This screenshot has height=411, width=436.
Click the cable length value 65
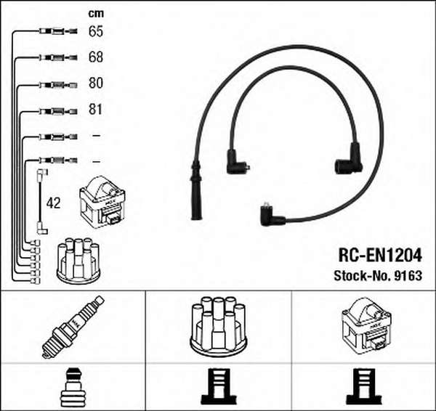[x=96, y=31]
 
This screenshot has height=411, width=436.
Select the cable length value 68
[x=96, y=57]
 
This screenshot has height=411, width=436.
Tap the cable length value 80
[x=96, y=83]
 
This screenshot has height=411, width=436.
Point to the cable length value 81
[x=95, y=109]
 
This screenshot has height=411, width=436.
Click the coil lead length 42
[x=53, y=203]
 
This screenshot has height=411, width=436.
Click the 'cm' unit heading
[x=96, y=13]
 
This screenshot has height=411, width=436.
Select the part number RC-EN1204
[x=380, y=256]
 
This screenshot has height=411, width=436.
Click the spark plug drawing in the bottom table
[x=73, y=327]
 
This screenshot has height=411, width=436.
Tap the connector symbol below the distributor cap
[x=219, y=386]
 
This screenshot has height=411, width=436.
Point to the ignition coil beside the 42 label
[x=102, y=203]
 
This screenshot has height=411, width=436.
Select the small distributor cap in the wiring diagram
[x=78, y=261]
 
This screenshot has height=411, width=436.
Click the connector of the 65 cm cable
[x=58, y=31]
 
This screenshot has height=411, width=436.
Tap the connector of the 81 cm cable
[x=58, y=111]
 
